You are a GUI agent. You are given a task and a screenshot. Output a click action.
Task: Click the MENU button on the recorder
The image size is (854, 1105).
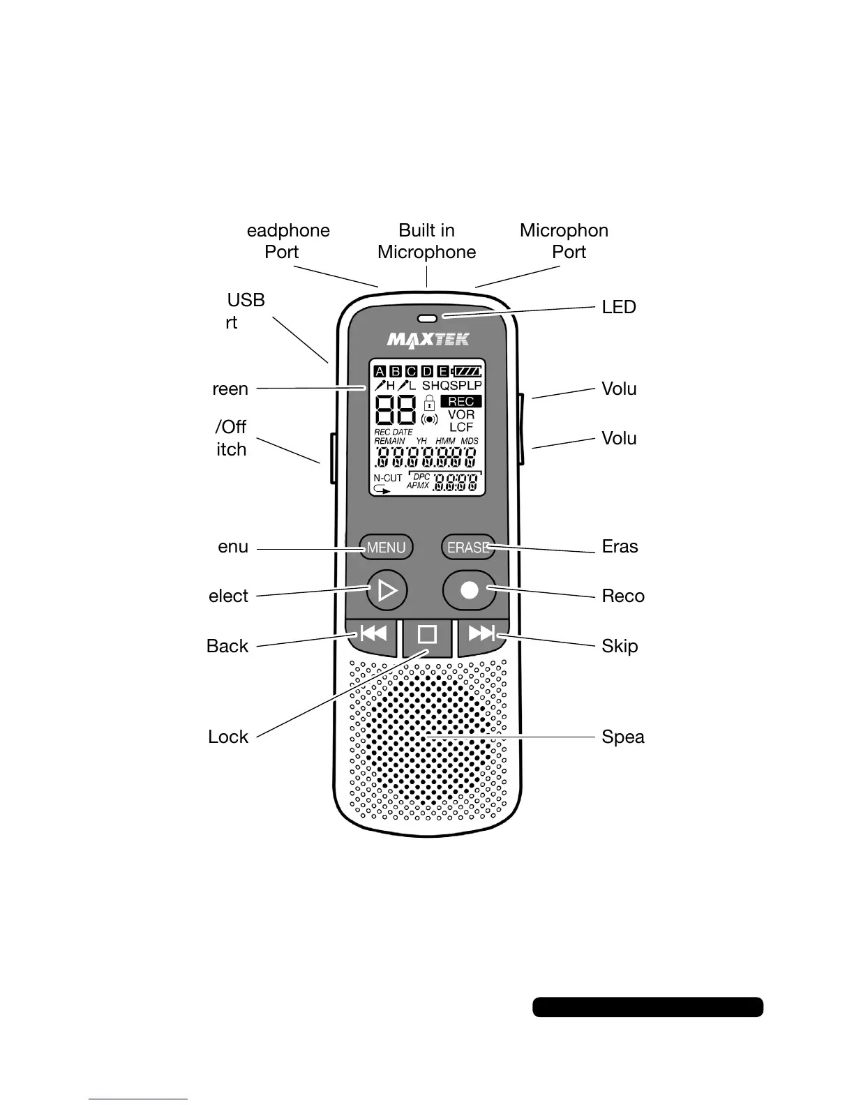386,548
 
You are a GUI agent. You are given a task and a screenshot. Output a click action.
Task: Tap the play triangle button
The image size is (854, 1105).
387,591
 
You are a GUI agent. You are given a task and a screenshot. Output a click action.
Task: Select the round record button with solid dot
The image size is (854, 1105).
470,590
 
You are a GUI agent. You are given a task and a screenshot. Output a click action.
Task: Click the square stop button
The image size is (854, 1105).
427,634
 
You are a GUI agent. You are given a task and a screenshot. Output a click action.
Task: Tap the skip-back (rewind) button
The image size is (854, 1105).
373,633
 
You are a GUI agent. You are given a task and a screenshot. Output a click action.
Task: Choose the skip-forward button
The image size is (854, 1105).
482,633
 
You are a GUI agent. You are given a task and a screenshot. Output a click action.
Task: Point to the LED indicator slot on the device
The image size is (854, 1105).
427,319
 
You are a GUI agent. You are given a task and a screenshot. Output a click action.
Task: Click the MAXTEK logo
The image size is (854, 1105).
428,340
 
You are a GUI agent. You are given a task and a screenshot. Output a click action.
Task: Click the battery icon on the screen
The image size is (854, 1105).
467,371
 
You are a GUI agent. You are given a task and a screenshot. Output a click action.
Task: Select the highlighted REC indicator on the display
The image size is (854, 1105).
461,402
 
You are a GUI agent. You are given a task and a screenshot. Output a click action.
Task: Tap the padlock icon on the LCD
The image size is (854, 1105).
430,403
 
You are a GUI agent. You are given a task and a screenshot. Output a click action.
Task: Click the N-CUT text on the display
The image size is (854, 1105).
388,479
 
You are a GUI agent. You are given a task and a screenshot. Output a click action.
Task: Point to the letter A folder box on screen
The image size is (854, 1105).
380,371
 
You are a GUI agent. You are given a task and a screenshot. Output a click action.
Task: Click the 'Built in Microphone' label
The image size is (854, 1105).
427,241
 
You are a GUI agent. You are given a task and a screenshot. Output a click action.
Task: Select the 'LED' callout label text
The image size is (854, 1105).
619,308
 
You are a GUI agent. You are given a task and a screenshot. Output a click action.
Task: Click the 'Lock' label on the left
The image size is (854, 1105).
228,737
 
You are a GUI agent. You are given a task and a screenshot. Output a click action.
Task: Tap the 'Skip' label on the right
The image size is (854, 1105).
620,646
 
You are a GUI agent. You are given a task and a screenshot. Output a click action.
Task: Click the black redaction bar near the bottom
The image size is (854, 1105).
647,1007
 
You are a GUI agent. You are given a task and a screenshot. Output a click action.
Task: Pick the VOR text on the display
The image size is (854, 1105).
461,414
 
